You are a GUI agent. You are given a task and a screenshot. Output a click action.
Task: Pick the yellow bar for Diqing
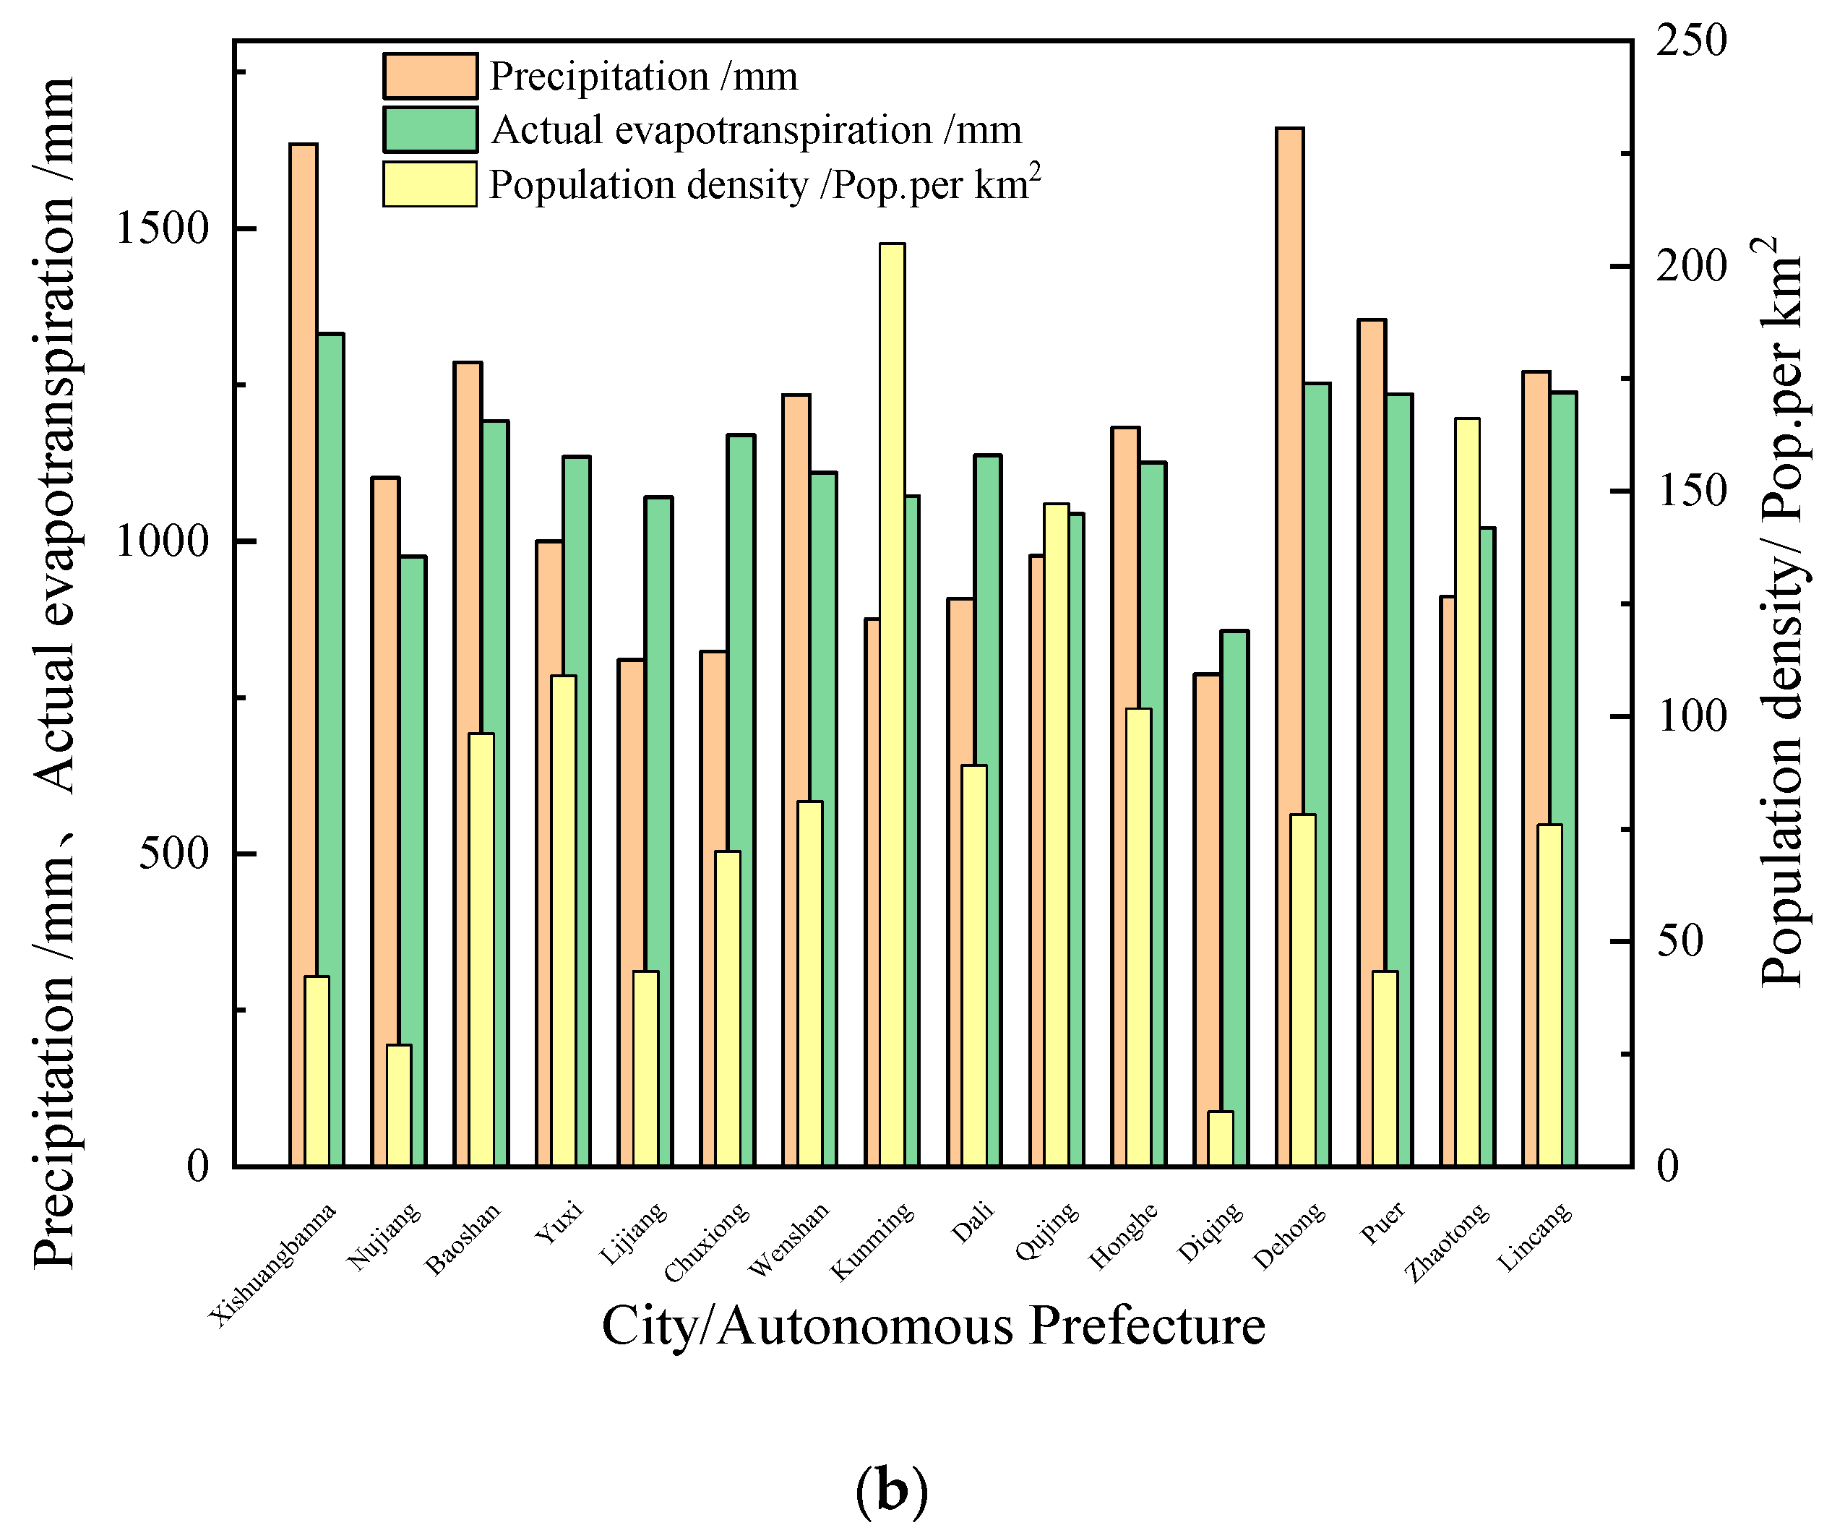tap(1221, 1138)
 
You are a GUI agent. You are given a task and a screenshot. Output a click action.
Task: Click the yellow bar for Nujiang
tap(399, 1104)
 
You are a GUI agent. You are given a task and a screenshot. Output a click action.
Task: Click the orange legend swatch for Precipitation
tap(430, 76)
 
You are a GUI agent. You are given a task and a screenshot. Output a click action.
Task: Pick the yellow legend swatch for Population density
tap(430, 184)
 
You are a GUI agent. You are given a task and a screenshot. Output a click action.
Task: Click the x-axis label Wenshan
tap(789, 1240)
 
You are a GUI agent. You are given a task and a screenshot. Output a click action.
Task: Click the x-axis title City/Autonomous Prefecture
tap(934, 1327)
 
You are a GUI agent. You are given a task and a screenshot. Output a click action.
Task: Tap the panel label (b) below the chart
tap(892, 1491)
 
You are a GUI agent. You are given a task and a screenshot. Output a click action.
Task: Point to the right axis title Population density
tap(1780, 611)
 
